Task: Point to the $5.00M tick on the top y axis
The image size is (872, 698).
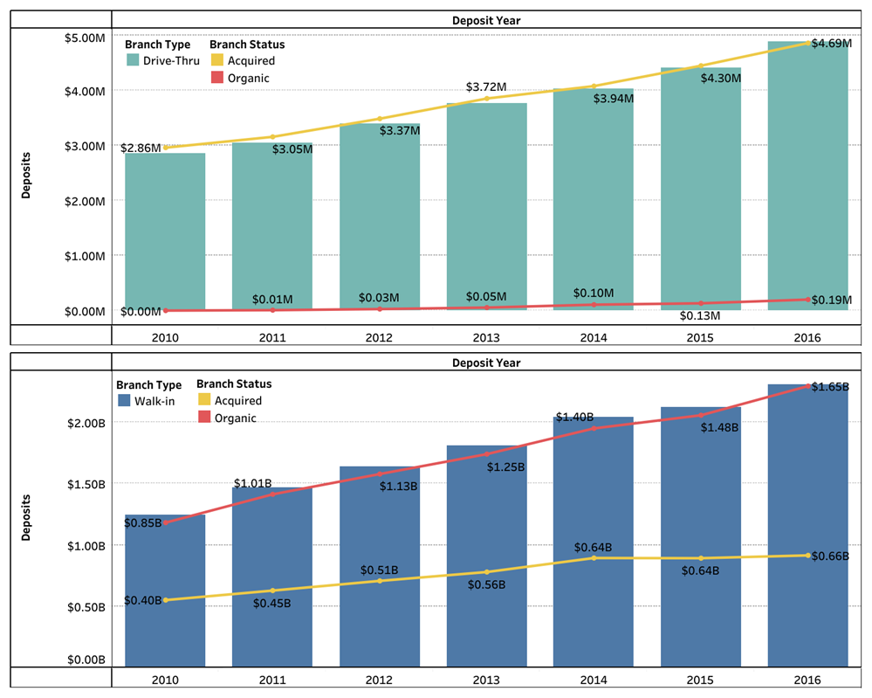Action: tap(86, 37)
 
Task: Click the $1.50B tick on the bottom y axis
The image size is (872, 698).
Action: tap(86, 484)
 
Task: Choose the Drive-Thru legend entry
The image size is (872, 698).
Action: tap(163, 61)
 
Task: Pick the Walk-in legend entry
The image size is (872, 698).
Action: tap(150, 401)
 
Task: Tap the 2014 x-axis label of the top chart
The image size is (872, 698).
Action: tap(594, 336)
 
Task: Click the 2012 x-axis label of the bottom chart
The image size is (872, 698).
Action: tap(379, 679)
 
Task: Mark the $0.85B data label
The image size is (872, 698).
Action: tap(141, 523)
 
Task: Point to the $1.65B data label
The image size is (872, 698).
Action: tap(830, 386)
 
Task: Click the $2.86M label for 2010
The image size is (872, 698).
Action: tap(141, 149)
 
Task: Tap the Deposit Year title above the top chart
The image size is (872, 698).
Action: tap(486, 19)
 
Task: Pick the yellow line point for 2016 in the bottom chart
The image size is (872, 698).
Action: tap(807, 555)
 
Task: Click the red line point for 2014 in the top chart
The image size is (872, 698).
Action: tap(594, 304)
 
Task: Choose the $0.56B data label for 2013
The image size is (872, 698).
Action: tap(486, 584)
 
